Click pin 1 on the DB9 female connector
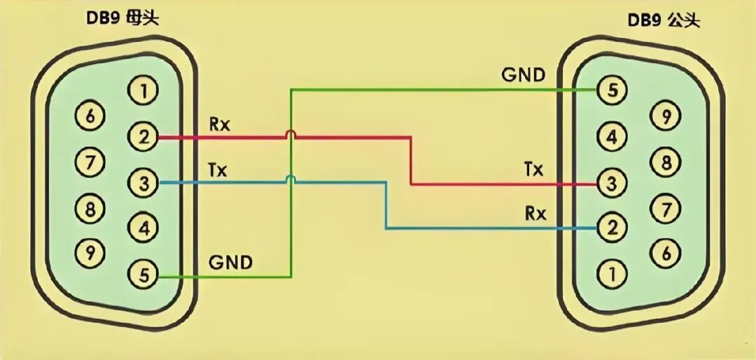click(143, 91)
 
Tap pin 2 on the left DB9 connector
click(143, 137)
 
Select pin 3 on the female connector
click(143, 183)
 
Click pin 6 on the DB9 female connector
click(90, 116)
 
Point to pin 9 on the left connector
click(90, 251)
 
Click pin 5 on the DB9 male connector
click(612, 90)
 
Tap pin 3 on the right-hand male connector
click(612, 184)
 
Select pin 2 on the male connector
click(612, 228)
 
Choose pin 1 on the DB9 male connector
click(612, 274)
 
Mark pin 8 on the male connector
click(666, 162)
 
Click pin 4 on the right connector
click(612, 137)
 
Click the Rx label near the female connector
click(220, 125)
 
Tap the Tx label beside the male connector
click(533, 169)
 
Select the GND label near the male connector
click(524, 75)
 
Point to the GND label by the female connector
click(230, 263)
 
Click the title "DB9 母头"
click(122, 18)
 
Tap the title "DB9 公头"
click(664, 20)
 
